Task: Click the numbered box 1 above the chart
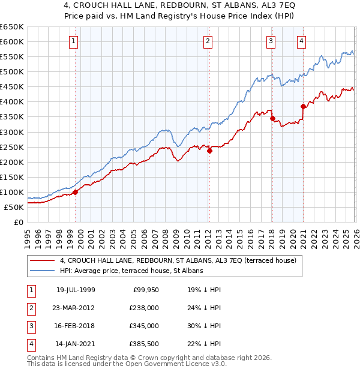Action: pos(73,41)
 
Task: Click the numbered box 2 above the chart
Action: pos(207,41)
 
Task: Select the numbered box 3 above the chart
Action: pos(271,41)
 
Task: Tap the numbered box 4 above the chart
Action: pos(301,41)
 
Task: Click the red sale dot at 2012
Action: pos(209,151)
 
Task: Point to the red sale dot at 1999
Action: pos(76,192)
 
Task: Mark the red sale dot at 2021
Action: pos(303,106)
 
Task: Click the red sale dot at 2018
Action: pos(272,119)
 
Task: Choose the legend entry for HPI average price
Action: pos(131,271)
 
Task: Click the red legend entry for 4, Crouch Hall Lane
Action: pos(174,261)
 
